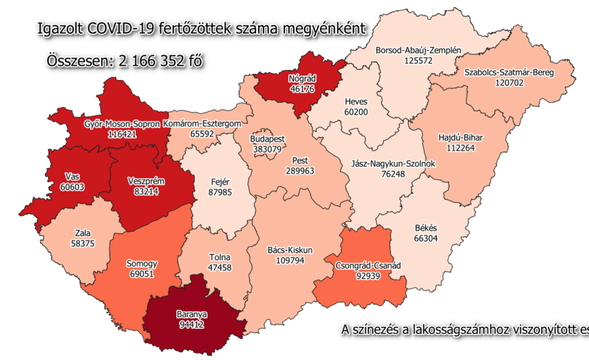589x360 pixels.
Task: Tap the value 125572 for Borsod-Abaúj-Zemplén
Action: (418, 60)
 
